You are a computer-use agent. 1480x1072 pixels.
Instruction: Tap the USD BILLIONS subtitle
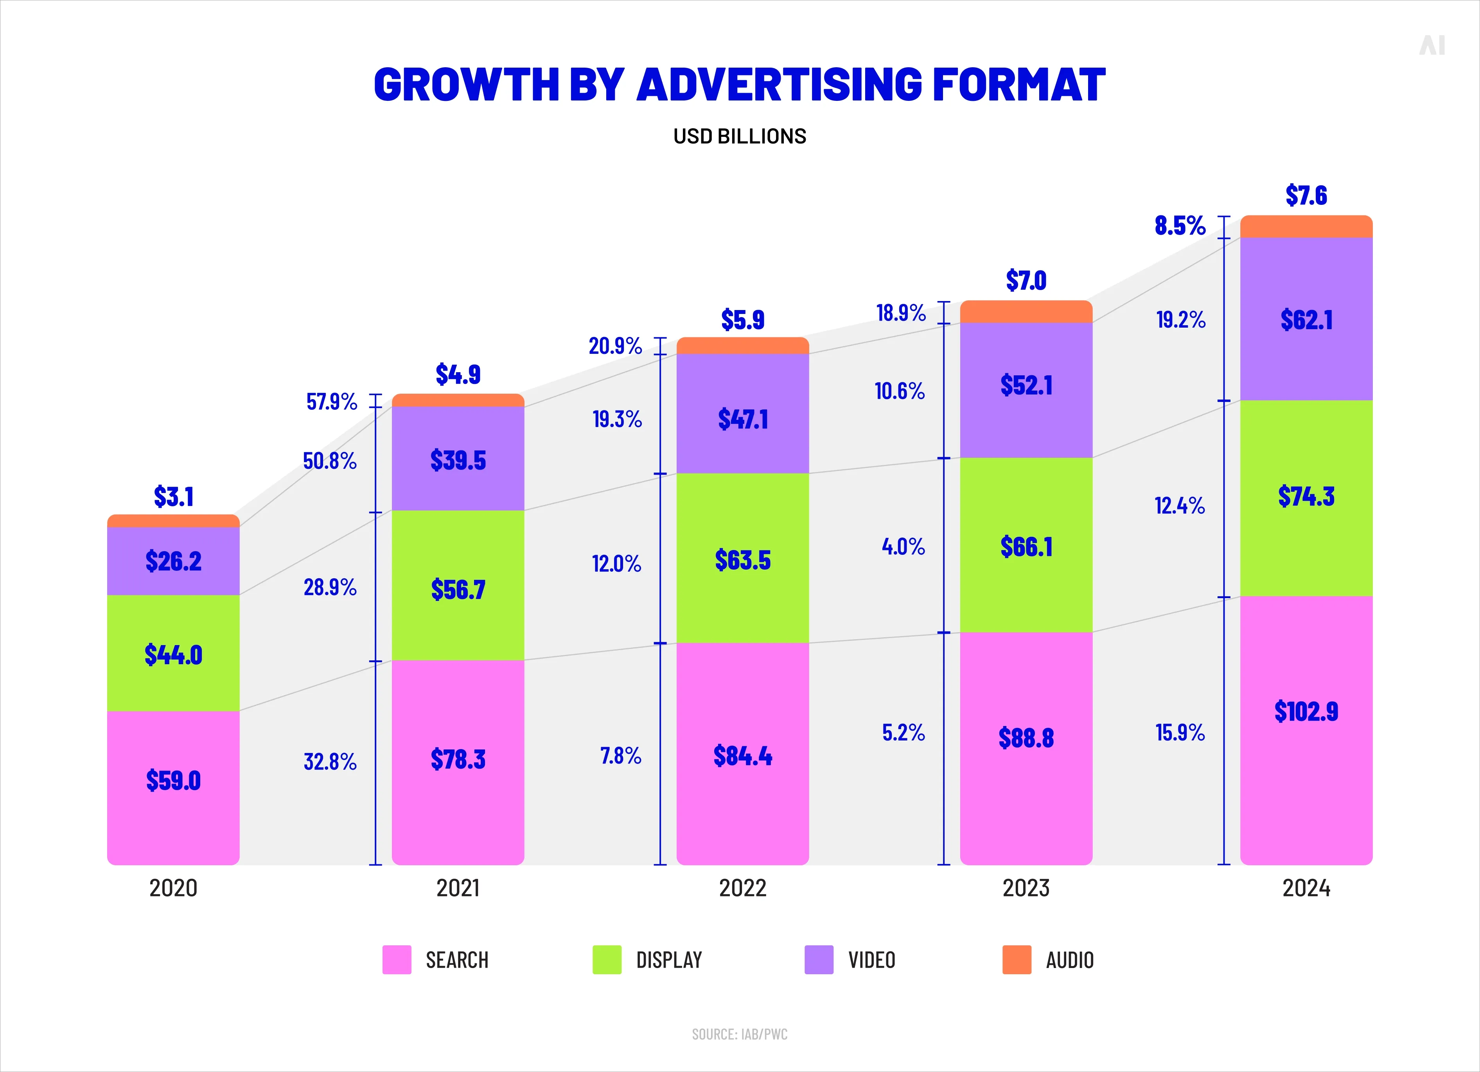click(739, 136)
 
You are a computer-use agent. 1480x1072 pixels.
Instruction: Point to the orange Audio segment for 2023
click(1026, 312)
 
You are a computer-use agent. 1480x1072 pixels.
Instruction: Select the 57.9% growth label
click(332, 401)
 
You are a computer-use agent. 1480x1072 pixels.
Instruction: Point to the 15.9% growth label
click(1180, 732)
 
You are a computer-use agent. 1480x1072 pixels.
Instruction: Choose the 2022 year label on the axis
click(743, 888)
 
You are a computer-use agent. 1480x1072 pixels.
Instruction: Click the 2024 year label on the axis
click(1306, 888)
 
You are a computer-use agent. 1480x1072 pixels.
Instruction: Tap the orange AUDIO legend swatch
click(1016, 960)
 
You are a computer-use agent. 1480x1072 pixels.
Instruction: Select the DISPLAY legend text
click(669, 960)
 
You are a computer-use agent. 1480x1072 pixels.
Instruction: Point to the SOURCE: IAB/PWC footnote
click(739, 1034)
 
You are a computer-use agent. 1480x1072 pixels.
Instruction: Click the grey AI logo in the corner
click(1432, 46)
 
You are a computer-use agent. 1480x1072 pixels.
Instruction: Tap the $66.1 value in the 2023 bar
click(1026, 547)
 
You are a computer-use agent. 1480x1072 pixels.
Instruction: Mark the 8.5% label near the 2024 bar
click(1180, 226)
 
